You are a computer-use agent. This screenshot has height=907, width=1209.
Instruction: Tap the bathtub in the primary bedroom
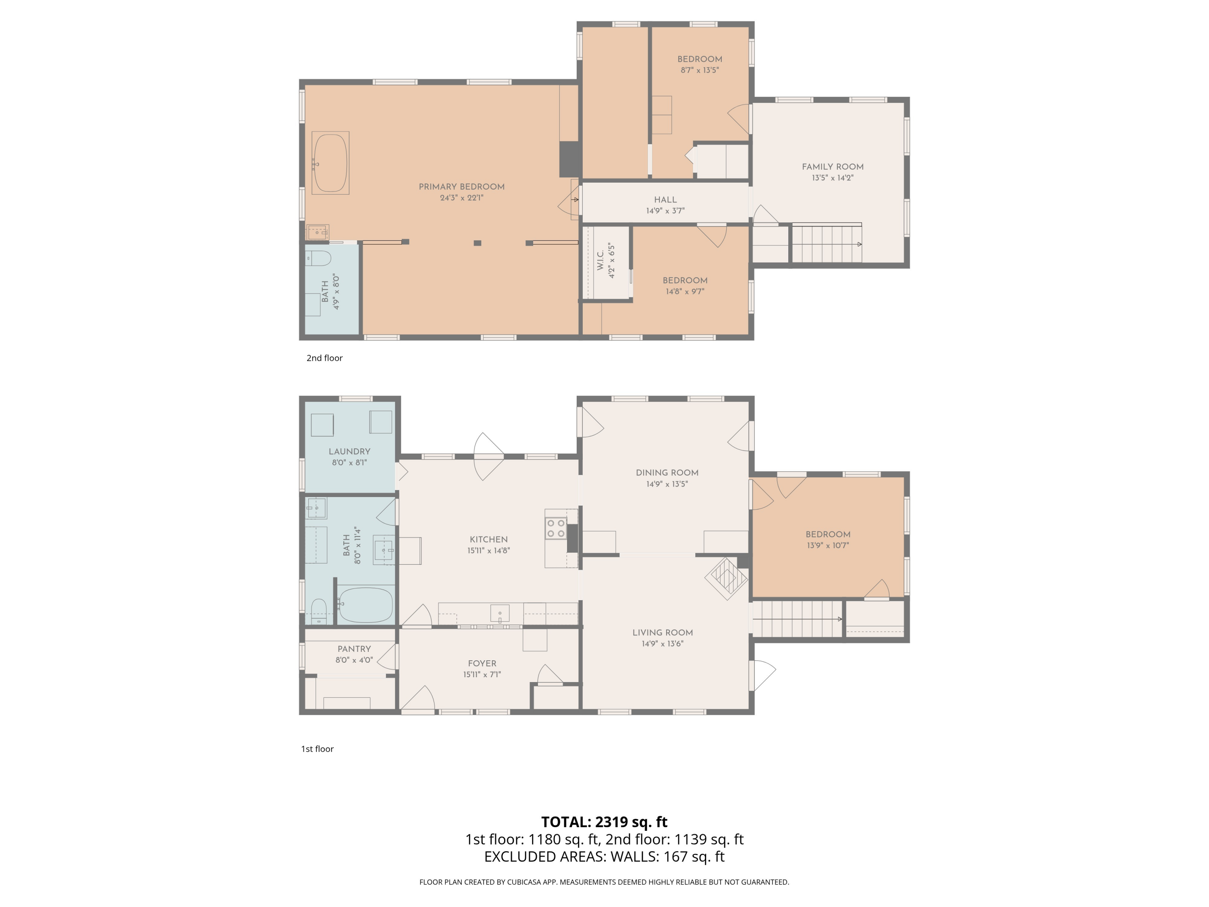(330, 163)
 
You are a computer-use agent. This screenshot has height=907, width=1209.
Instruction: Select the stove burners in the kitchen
(555, 528)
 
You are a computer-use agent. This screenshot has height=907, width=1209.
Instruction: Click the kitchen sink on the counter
(500, 614)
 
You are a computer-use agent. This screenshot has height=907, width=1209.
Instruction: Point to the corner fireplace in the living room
(726, 578)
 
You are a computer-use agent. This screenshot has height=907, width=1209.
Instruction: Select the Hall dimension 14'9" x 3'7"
(665, 210)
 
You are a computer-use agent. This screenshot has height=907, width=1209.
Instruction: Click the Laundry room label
(349, 451)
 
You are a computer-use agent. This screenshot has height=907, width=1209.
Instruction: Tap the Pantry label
(353, 649)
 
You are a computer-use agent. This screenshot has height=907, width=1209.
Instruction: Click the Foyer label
(482, 663)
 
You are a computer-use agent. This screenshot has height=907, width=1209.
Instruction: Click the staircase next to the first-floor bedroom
(797, 619)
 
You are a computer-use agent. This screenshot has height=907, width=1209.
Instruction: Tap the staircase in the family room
(827, 244)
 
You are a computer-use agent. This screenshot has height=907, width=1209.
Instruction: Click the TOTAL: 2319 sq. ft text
(604, 822)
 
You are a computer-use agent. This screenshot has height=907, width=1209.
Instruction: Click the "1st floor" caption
(317, 749)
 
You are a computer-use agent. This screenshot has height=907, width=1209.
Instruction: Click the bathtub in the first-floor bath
(365, 605)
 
